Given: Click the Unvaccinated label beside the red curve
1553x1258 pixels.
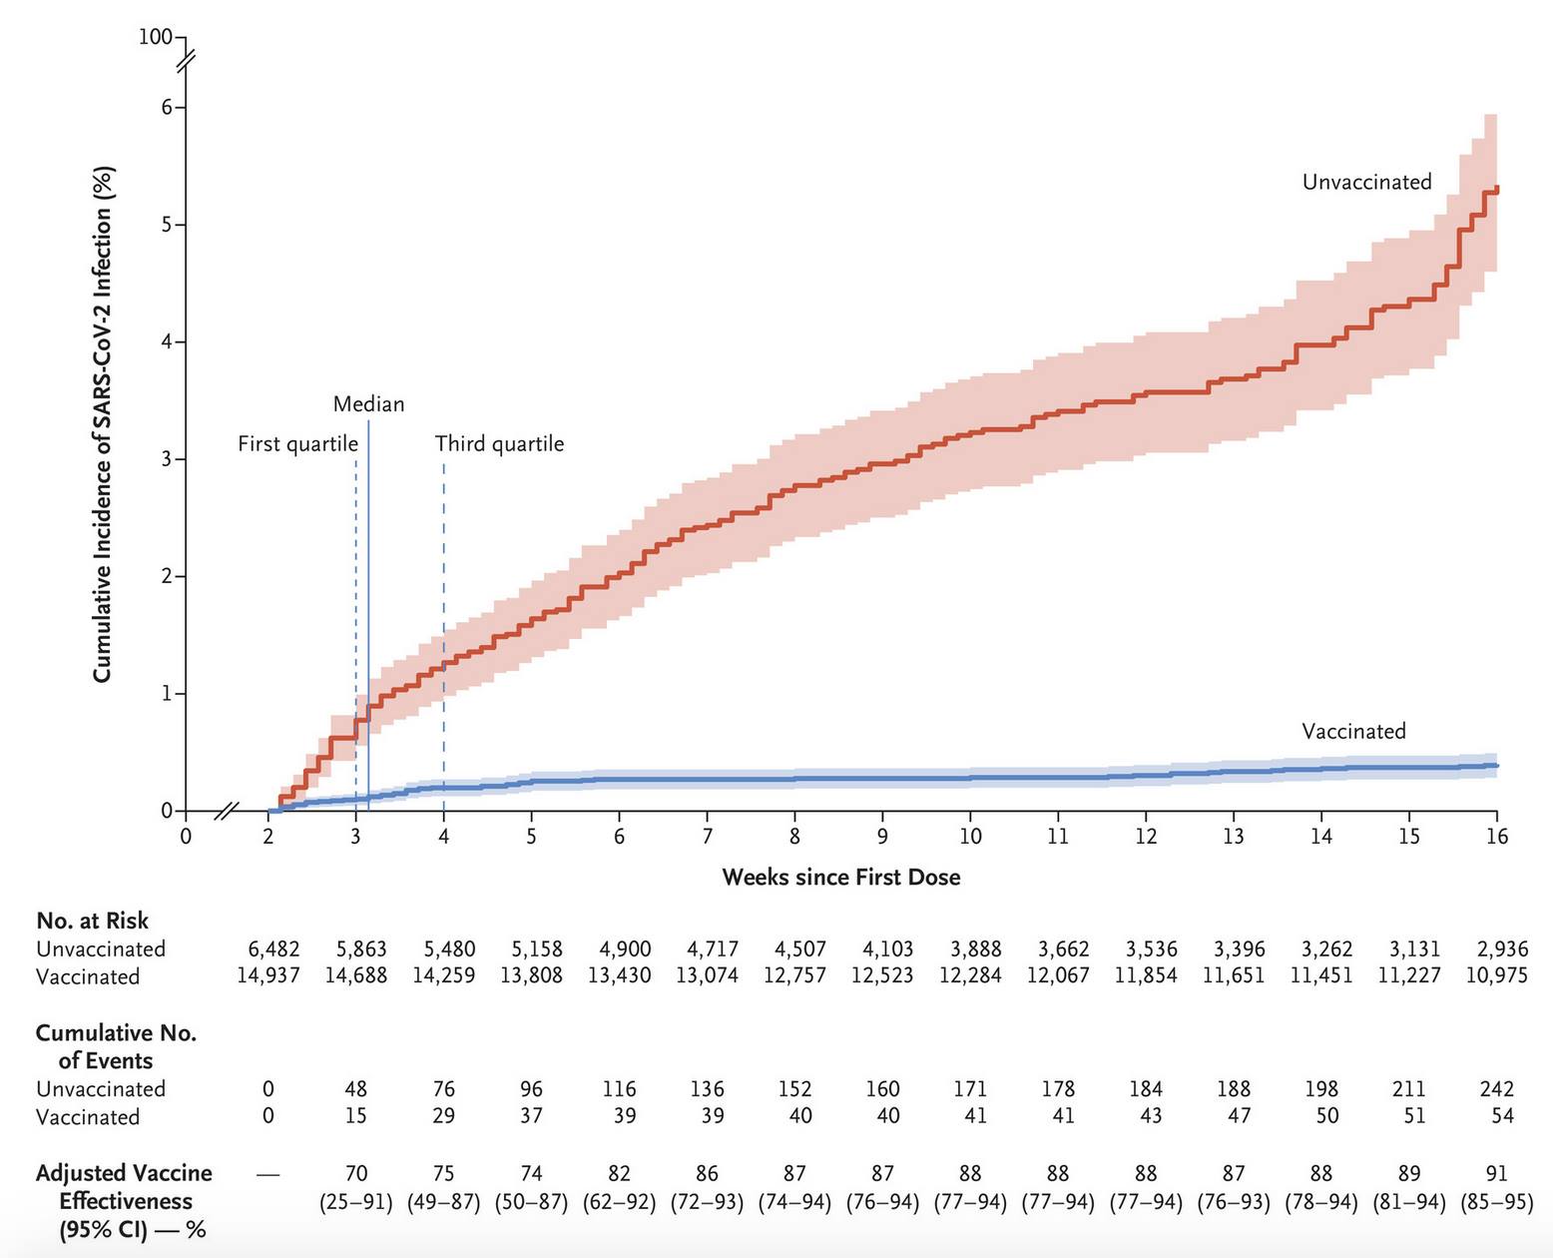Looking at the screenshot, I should coord(1366,182).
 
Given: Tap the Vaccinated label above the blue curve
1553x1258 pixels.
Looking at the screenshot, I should coord(1352,731).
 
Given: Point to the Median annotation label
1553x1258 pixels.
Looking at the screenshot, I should coord(368,404).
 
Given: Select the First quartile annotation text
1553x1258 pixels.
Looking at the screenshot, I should coord(297,443).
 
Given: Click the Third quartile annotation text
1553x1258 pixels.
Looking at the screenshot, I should coord(499,443).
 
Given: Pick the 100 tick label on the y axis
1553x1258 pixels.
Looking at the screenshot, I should coord(156,37).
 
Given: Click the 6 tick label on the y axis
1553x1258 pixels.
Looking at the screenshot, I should coord(168,107).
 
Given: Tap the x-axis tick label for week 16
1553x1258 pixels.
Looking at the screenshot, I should coord(1496,837).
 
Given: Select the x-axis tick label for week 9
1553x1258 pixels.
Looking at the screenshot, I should coord(882,837).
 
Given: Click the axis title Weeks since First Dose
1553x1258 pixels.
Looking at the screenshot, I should coord(840,878).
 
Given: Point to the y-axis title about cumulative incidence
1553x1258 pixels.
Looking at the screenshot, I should coord(103,423).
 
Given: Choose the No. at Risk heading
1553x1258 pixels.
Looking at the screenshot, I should coord(92,921).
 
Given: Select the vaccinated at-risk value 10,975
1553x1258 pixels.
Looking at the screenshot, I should coord(1496,975).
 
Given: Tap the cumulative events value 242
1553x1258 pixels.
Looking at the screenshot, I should coord(1496,1088).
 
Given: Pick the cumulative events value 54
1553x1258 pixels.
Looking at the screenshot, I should coord(1501,1116).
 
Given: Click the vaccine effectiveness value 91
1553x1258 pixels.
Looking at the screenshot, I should coord(1496,1173).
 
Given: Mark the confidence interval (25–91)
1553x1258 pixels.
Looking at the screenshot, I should coord(355,1201).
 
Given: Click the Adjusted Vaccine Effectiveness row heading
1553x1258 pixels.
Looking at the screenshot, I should coord(125,1200).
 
